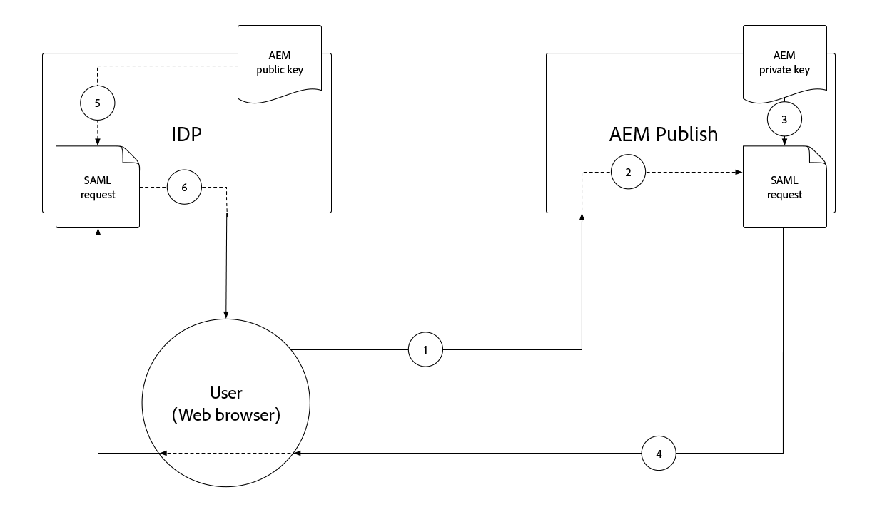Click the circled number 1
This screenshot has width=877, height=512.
(x=425, y=349)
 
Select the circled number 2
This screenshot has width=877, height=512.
(x=628, y=172)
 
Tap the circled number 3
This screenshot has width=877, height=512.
(x=785, y=120)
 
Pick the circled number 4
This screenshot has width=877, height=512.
(x=659, y=453)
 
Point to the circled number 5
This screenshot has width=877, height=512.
(x=98, y=103)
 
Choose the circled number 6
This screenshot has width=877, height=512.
(x=184, y=188)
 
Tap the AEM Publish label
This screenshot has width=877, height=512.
(x=664, y=135)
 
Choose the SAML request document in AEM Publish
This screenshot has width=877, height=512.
(x=785, y=187)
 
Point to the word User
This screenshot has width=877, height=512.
(x=226, y=393)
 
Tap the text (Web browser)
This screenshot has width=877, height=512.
(x=226, y=415)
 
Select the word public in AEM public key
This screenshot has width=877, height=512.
(x=271, y=70)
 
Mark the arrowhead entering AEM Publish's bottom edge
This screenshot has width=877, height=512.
(x=582, y=217)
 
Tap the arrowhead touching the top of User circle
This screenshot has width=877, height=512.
(x=226, y=315)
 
